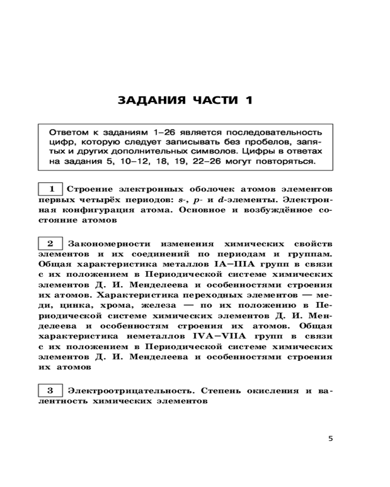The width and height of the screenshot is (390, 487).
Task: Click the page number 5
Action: pyautogui.click(x=331, y=438)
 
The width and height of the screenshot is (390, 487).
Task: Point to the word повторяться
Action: pyautogui.click(x=288, y=160)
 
